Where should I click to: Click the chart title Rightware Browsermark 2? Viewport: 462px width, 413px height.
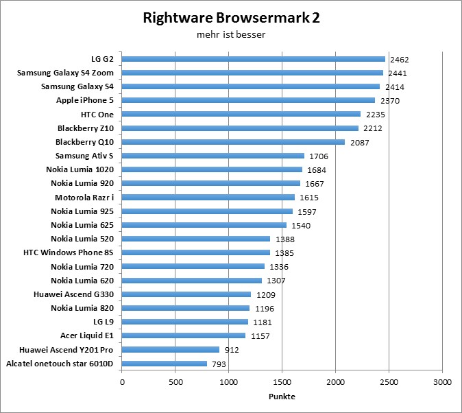coord(231,18)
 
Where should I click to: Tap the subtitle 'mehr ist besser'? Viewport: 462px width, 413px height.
coord(231,33)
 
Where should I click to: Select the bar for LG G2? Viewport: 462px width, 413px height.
coord(254,59)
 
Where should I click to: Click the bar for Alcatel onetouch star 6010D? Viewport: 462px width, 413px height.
coord(165,364)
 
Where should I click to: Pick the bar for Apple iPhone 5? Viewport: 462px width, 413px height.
coord(249,100)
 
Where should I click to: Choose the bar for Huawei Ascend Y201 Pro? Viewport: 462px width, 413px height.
coord(171,350)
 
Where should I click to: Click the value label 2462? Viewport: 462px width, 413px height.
coord(400,60)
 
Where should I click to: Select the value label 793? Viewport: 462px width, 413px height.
coord(219,364)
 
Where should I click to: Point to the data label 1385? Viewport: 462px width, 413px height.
coord(284,253)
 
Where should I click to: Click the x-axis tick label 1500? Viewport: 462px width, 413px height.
coord(282,381)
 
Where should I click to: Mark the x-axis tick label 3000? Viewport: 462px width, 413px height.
coord(442,381)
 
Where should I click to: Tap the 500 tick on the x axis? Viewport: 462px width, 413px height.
coord(175,381)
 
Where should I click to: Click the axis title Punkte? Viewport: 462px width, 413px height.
coord(282,397)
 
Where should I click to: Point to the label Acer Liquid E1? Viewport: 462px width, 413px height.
coord(86,336)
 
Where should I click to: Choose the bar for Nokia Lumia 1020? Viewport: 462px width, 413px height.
coord(212,169)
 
